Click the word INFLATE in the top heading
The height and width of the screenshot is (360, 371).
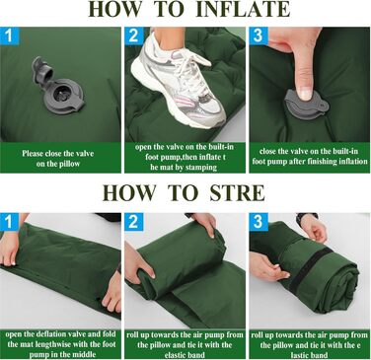click(243, 9)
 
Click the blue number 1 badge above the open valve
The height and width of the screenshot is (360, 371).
click(10, 36)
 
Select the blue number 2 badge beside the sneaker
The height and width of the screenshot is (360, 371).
click(134, 36)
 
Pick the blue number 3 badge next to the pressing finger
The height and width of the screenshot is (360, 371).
click(259, 36)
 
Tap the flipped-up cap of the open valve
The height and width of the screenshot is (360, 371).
click(42, 72)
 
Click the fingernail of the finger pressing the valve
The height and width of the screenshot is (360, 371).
click(306, 94)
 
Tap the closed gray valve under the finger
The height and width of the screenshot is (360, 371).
click(307, 106)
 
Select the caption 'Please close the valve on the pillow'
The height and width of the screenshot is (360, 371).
click(58, 159)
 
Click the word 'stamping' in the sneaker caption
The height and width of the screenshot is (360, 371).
click(200, 168)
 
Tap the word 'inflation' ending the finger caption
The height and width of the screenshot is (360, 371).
click(353, 161)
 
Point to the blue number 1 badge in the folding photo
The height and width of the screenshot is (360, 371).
click(9, 222)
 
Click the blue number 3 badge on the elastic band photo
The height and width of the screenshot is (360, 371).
click(259, 222)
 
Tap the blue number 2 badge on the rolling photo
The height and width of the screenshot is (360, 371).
click(134, 222)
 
